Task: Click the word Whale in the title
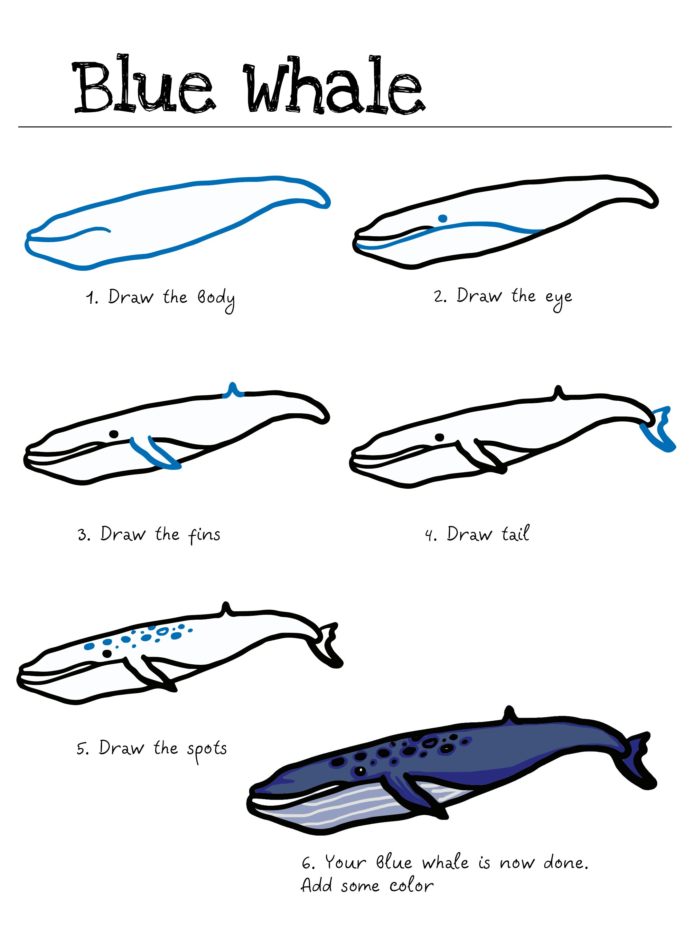[333, 86]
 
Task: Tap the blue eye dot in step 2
[443, 218]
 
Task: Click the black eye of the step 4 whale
[439, 437]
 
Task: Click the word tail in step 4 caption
[516, 534]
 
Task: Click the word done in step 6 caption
[564, 863]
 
